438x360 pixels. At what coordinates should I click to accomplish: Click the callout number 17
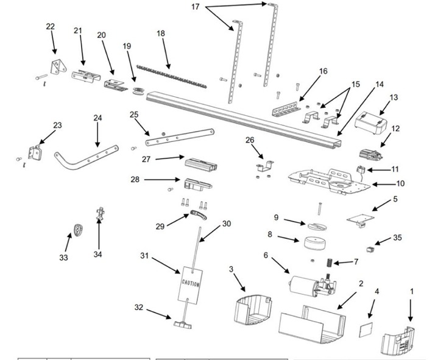pos(195,7)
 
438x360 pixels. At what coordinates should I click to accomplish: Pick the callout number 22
pos(50,27)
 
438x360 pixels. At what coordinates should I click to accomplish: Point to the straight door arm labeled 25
pos(180,138)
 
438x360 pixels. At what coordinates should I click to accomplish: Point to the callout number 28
pos(135,180)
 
